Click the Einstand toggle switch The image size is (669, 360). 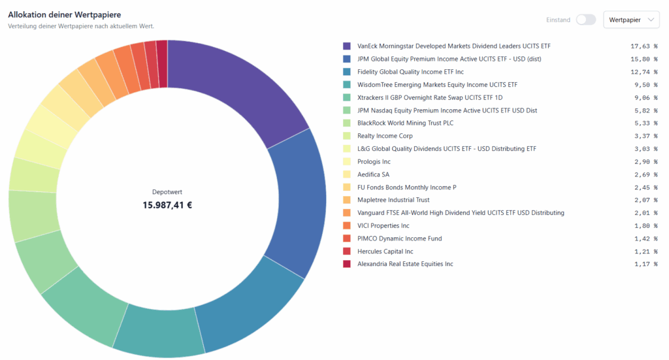click(x=585, y=20)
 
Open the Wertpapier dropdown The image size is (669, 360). click(x=631, y=20)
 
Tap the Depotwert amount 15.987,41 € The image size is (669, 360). click(x=167, y=205)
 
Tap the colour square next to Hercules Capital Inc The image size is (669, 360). click(x=347, y=252)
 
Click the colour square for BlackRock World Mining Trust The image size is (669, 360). click(x=347, y=123)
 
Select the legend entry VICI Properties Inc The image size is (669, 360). click(x=383, y=225)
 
